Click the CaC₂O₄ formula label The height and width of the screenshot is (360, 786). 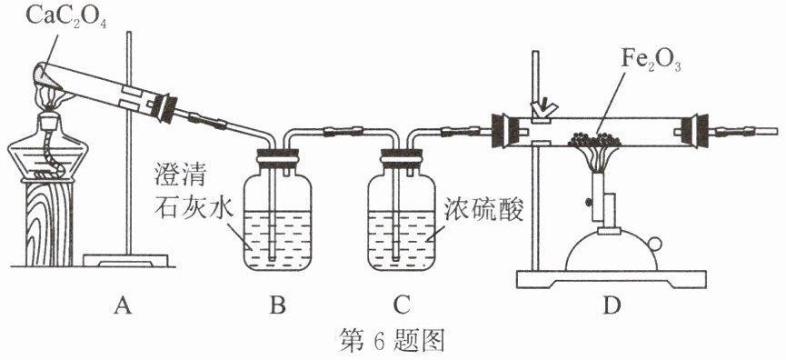(66, 17)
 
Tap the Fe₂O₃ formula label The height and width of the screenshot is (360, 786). (652, 63)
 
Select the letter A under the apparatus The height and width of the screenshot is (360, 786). (123, 305)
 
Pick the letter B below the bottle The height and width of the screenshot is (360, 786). (277, 305)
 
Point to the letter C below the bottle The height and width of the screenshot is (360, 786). (401, 305)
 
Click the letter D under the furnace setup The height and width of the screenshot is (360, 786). (612, 305)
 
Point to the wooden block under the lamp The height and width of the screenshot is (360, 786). (49, 223)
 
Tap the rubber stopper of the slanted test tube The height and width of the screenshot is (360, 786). (164, 108)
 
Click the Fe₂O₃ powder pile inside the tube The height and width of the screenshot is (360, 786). (594, 139)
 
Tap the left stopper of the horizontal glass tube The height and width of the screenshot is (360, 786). (502, 132)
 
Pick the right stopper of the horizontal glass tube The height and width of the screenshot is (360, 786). (698, 132)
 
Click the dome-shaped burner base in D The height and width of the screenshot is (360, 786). (611, 251)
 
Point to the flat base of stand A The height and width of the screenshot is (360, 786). (125, 260)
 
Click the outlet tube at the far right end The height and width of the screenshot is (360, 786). (764, 132)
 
